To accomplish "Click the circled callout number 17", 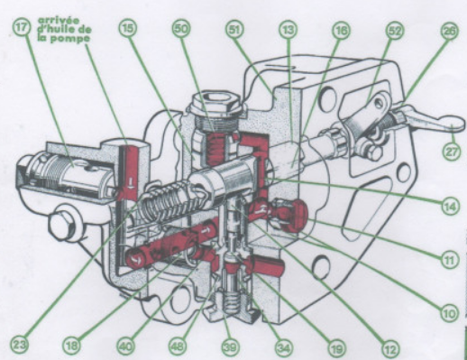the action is (22, 27).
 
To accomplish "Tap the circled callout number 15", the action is (128, 28).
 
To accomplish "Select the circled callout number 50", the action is (181, 29).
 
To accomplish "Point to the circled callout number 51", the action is (234, 29).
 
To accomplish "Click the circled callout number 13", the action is (288, 30).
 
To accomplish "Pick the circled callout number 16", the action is (342, 30).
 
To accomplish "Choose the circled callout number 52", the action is (395, 31).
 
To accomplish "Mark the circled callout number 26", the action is (449, 31).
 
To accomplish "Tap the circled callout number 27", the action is (452, 151).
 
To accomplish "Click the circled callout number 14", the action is (451, 207).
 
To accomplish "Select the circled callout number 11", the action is (449, 259).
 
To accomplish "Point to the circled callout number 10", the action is (449, 313).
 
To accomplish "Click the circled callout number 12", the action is (390, 348).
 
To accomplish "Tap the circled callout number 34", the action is (284, 347).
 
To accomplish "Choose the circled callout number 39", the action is (231, 346).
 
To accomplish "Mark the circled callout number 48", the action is (178, 346).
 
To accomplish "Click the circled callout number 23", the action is (19, 345).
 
